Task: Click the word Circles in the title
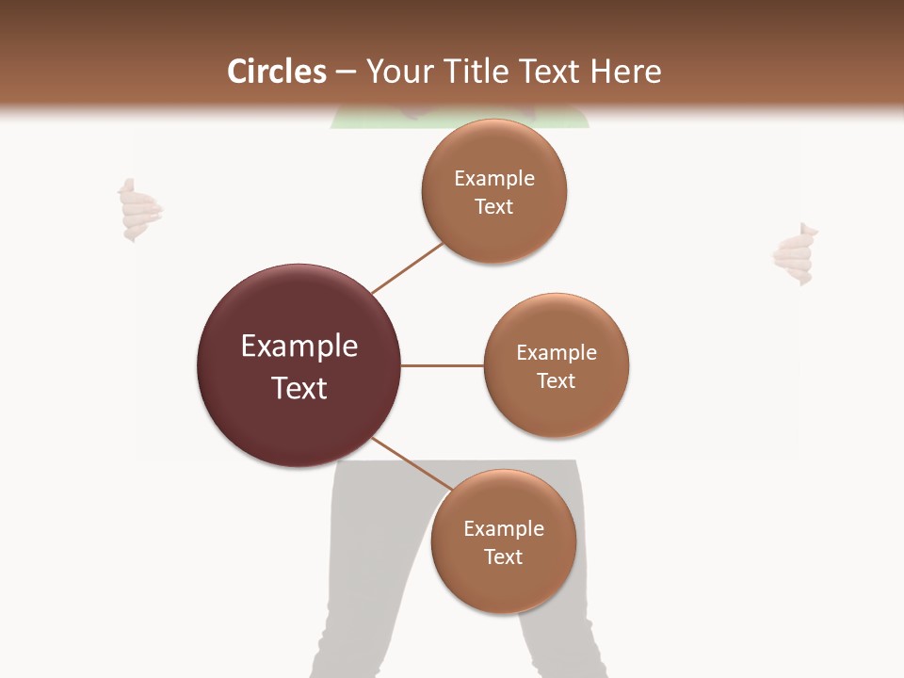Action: point(277,72)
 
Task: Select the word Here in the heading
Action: point(625,72)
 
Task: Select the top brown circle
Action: point(494,231)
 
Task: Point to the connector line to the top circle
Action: point(407,268)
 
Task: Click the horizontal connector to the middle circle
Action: point(443,365)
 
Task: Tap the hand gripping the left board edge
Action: point(138,211)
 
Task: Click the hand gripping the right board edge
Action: point(794,254)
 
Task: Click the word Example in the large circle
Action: point(299,347)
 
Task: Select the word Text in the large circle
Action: point(299,388)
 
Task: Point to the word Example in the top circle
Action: point(494,179)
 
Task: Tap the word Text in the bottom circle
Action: point(504,557)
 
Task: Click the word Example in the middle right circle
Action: point(557,353)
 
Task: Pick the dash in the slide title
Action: point(346,72)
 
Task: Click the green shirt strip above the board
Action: point(565,121)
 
